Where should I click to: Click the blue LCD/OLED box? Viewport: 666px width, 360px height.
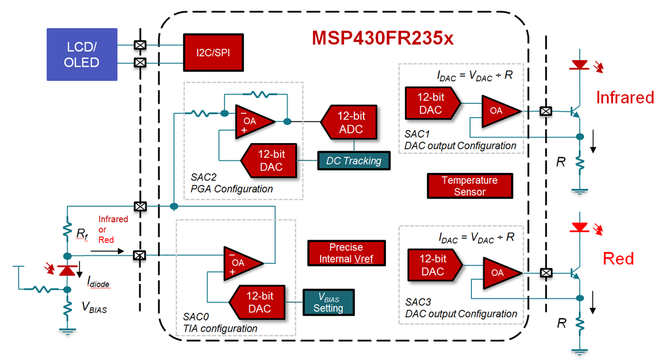pos(82,55)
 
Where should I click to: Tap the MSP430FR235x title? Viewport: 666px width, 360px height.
pos(382,37)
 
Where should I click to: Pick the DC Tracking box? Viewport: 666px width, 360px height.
pos(353,160)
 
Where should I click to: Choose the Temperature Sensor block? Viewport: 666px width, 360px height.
pos(469,186)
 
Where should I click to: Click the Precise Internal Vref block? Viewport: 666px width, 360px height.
pos(346,253)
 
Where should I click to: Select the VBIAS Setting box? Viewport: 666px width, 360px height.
pos(328,303)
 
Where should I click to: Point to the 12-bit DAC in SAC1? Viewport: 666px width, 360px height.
pos(431,104)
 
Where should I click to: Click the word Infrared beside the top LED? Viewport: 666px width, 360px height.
pos(625,98)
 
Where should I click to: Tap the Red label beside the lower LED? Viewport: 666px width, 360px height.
pos(618,259)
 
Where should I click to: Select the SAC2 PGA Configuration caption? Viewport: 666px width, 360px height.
pos(231,183)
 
